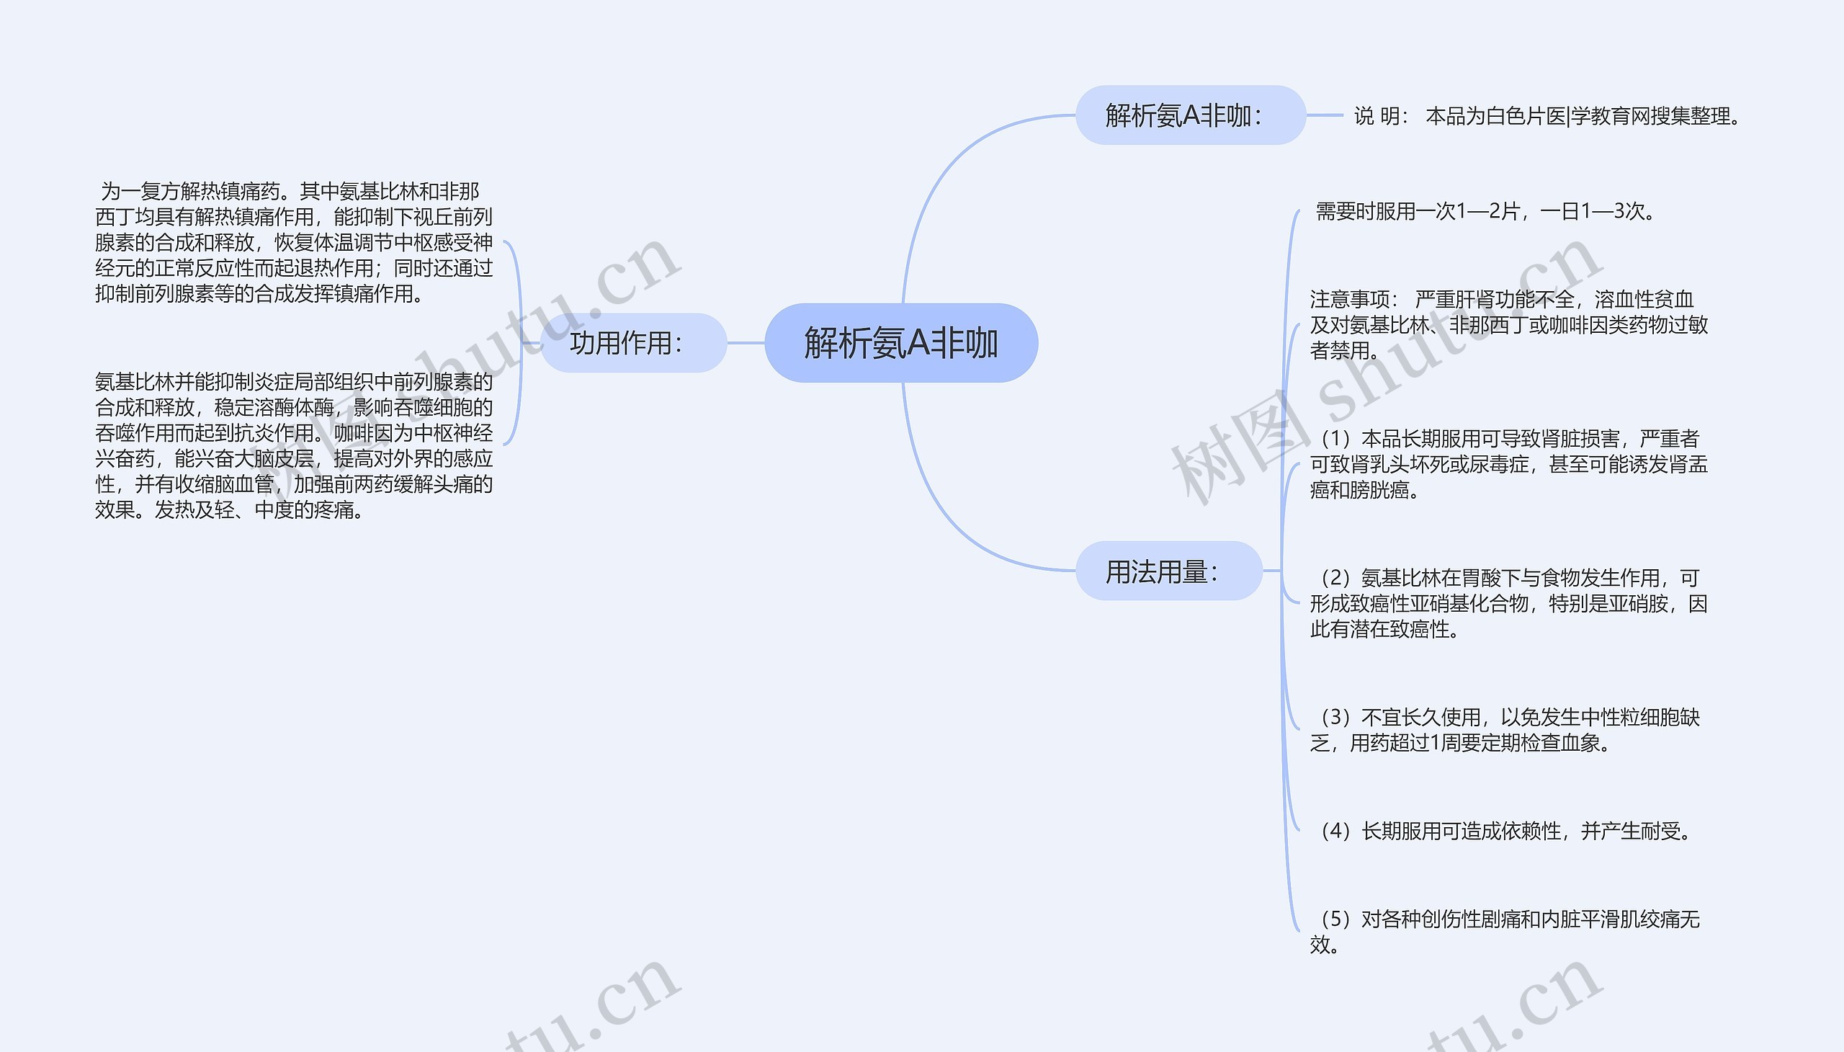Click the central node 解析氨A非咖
coord(900,342)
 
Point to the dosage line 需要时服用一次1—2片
coord(1485,211)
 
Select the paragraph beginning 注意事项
coord(1508,324)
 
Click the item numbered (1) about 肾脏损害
coord(1508,464)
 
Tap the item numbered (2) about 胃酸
coord(1508,603)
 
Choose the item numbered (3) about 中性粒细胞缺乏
coord(1505,730)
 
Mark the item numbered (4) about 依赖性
coord(1505,831)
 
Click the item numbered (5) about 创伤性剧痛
coord(1505,931)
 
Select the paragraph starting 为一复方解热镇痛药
coord(294,242)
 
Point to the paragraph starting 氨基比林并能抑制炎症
coord(294,445)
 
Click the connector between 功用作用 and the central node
coord(746,342)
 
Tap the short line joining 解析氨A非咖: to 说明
coord(1324,115)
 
